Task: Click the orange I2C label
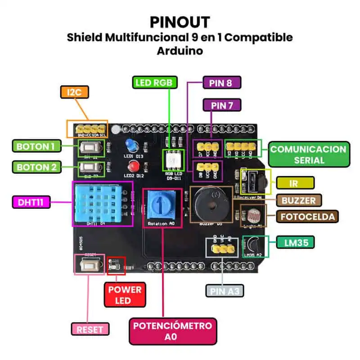74,92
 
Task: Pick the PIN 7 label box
222,105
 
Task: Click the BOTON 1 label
36,146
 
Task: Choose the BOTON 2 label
36,167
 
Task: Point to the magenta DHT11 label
31,202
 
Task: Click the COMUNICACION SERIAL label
309,154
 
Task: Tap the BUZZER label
299,200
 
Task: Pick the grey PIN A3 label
225,291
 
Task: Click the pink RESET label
90,329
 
